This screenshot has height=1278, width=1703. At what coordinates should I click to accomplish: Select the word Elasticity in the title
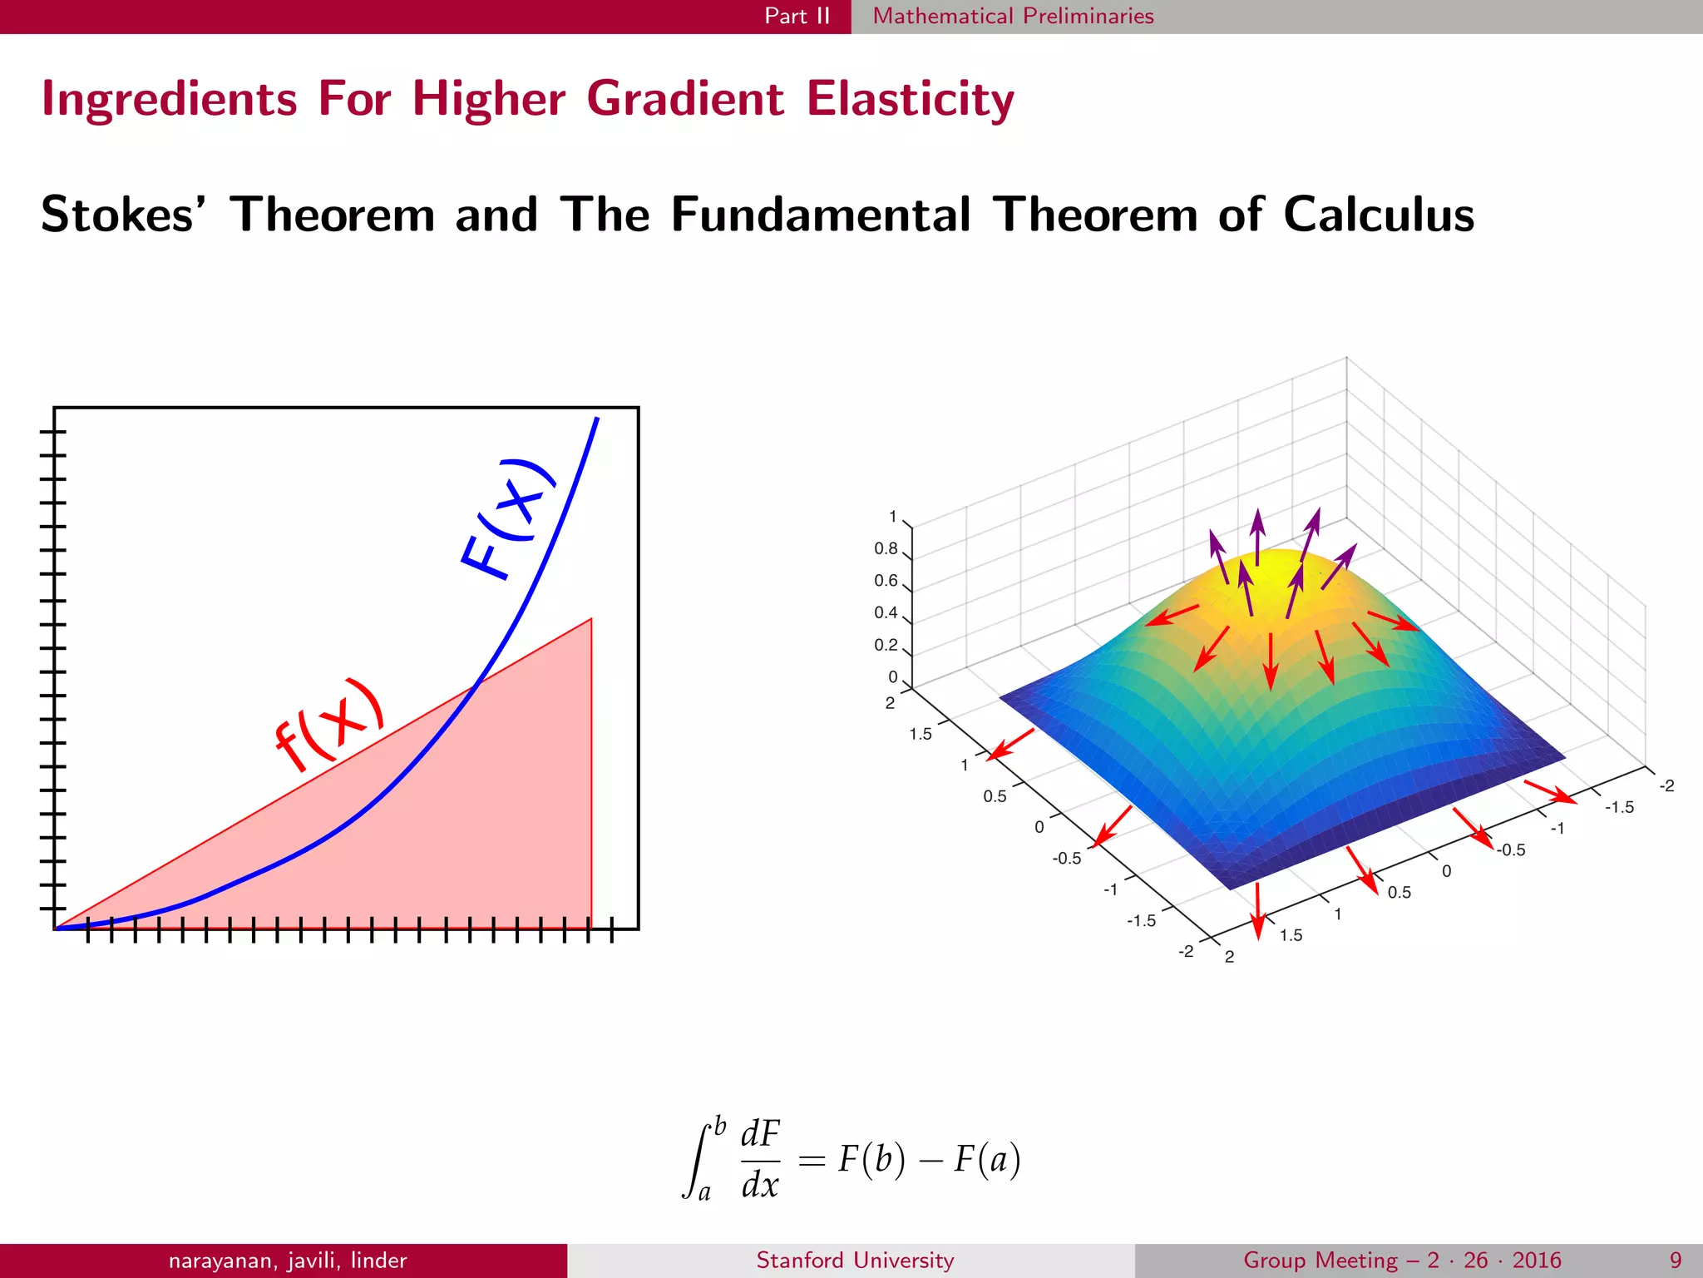pos(910,99)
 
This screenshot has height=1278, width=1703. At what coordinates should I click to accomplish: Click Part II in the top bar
pos(797,16)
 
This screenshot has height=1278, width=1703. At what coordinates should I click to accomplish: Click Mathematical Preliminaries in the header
pos(1013,16)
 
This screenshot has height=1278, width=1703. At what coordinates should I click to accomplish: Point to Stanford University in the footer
pos(855,1260)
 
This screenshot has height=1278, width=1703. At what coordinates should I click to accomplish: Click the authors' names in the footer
pos(288,1260)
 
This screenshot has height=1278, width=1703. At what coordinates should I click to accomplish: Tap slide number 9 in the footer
pos(1676,1260)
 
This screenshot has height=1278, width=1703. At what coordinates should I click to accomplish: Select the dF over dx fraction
pos(760,1158)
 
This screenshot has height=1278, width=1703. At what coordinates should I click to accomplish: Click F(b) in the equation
pos(871,1159)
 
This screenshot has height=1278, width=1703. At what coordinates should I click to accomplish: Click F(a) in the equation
pos(987,1159)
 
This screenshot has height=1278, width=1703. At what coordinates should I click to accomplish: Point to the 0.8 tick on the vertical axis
pos(886,548)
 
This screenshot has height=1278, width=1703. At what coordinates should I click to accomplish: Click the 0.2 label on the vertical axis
pos(886,645)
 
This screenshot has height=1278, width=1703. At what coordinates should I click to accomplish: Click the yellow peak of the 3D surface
pos(1276,566)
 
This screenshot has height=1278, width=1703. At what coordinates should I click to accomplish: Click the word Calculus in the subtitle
pos(1379,215)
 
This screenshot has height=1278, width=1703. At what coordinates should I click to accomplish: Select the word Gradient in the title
pos(684,99)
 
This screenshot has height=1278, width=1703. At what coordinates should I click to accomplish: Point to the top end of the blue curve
pos(597,419)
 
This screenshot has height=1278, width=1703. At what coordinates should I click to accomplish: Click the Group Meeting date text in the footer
pos(1402,1260)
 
